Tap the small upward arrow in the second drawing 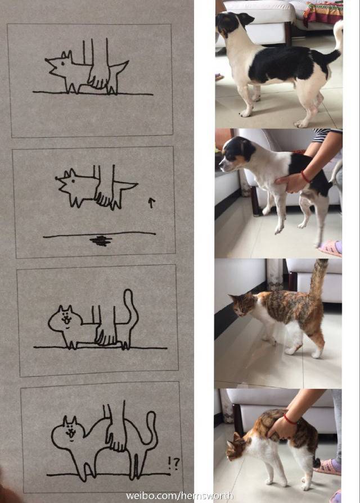[x=150, y=202]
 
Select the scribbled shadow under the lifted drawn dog [x=101, y=241]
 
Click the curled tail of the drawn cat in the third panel [x=131, y=315]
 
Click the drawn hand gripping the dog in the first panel [x=98, y=76]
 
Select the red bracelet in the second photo [x=305, y=176]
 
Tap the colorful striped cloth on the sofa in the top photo [x=323, y=12]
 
